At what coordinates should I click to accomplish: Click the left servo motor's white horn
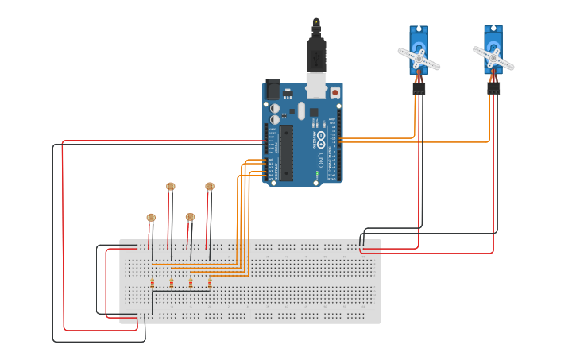[418, 58]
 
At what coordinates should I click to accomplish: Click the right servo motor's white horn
[493, 58]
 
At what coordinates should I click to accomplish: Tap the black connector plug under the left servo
[419, 88]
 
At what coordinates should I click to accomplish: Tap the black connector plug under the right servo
[493, 88]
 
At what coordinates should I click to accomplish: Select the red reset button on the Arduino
[334, 92]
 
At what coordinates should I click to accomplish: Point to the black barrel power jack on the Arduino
[271, 89]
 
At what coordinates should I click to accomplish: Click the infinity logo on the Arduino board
[321, 141]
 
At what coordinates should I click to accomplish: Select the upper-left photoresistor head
[170, 187]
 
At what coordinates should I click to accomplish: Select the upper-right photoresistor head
[210, 187]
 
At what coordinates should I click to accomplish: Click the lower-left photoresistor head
[151, 217]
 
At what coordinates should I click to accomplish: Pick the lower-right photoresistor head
[190, 217]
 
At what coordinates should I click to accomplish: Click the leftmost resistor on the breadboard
[152, 282]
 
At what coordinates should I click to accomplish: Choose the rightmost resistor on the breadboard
[210, 282]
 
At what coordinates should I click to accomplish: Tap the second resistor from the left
[171, 282]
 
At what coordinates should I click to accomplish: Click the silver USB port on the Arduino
[316, 83]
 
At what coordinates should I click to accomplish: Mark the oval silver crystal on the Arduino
[301, 110]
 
